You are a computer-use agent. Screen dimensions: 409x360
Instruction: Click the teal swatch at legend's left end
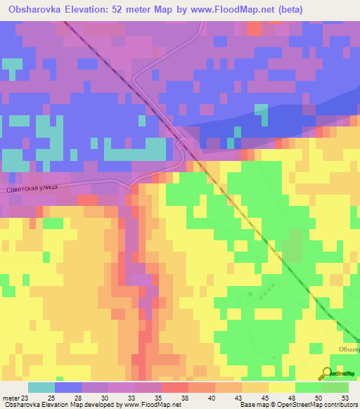[x=41, y=388]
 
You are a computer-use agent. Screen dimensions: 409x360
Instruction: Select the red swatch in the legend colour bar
[x=174, y=388]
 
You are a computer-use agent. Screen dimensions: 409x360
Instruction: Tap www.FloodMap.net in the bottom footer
[x=147, y=405]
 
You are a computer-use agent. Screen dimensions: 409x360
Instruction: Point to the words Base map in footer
[x=253, y=405]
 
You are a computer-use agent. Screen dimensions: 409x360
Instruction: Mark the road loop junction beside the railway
[x=181, y=144]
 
